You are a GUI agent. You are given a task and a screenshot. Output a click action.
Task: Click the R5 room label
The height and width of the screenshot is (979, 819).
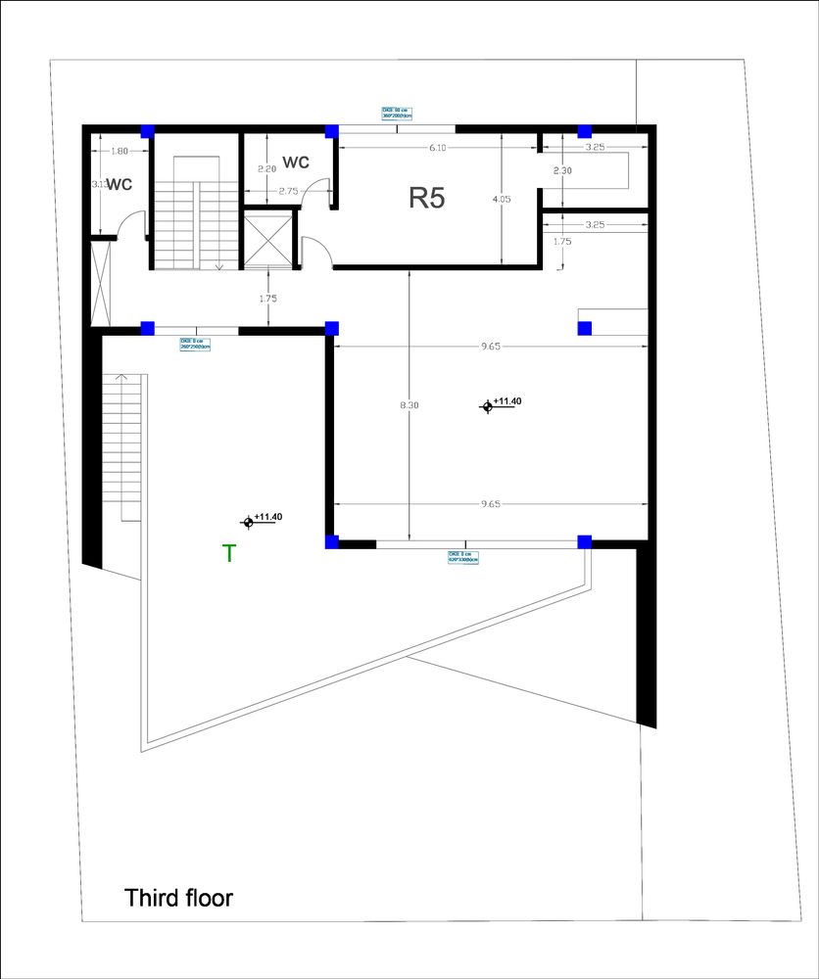tap(427, 199)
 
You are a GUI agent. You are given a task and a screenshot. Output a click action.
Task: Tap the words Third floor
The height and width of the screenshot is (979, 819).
tap(179, 897)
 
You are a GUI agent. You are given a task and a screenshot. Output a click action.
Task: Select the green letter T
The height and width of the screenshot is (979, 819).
tap(229, 554)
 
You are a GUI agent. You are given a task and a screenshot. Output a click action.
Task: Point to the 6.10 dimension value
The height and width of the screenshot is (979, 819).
tap(438, 148)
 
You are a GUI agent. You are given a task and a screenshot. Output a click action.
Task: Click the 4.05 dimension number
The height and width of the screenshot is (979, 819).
tap(502, 199)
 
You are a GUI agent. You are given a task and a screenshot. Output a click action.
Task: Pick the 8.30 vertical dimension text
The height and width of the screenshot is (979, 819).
tap(409, 405)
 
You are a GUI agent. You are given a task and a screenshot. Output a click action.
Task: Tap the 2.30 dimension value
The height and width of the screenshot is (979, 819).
tap(561, 170)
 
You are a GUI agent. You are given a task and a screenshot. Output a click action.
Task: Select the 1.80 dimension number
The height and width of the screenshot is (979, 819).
tap(120, 151)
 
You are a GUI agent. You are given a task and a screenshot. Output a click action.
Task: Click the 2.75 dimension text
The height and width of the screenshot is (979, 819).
tap(288, 191)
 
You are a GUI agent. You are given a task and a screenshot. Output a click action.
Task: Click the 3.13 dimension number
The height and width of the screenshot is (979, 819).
tap(98, 184)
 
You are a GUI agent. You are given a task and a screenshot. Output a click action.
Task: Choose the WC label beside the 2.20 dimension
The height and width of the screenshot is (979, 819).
tap(296, 162)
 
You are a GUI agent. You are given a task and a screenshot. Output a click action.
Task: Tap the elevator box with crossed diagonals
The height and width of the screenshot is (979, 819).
tap(267, 239)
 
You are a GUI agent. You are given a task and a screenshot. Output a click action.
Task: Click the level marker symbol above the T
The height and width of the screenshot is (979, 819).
tap(249, 523)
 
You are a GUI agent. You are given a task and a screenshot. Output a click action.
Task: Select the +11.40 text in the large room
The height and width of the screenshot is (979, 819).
tap(508, 401)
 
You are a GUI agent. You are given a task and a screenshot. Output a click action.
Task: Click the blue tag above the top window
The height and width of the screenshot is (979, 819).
tap(397, 113)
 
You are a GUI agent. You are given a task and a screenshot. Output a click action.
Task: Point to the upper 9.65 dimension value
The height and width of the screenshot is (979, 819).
tap(491, 347)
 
